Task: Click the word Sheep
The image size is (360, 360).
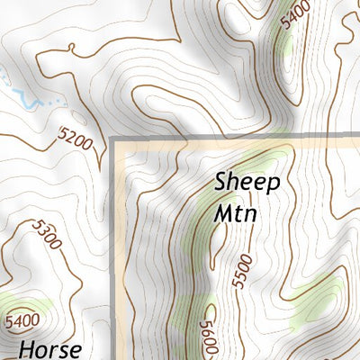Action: tap(247, 182)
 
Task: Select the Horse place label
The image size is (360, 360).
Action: tap(50, 347)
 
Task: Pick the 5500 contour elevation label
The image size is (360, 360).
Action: tap(239, 271)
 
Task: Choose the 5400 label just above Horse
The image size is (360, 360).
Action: tap(22, 319)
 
